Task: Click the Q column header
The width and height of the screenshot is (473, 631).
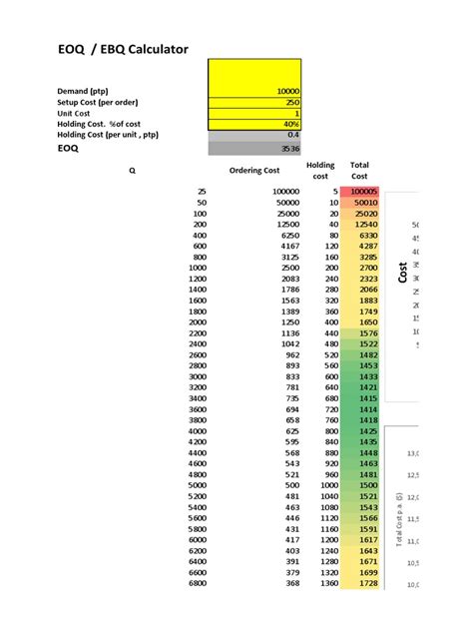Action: tap(131, 171)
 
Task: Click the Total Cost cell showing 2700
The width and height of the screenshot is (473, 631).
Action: tap(367, 268)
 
